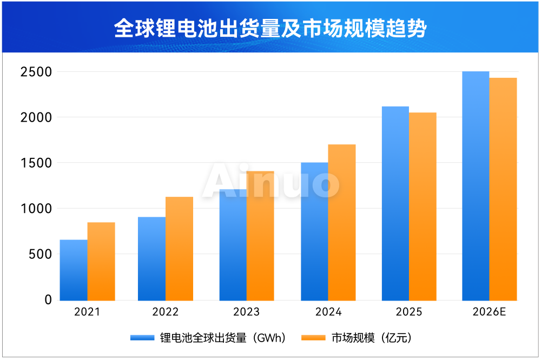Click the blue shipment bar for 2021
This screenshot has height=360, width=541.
(74, 270)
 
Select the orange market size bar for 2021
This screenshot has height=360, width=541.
(101, 262)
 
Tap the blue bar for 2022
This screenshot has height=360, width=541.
(151, 259)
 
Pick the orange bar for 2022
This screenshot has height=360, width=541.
(179, 249)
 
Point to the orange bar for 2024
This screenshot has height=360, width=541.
(342, 222)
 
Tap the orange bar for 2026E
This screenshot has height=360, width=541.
(503, 189)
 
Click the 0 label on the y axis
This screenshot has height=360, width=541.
(48, 299)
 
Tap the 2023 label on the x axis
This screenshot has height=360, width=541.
(246, 312)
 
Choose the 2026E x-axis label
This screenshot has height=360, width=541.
(489, 312)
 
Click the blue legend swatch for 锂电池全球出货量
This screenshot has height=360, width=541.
(143, 338)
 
